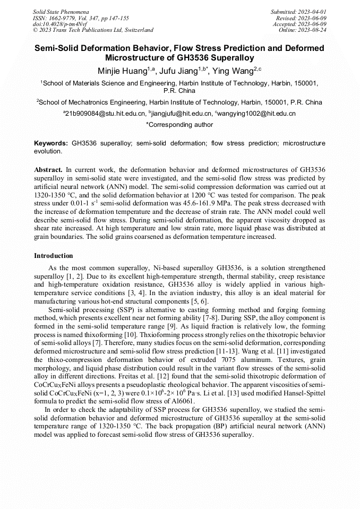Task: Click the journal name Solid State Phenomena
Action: [x=61, y=11]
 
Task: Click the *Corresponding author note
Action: [x=179, y=125]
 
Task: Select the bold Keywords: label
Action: [x=51, y=143]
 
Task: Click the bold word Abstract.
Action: [x=48, y=169]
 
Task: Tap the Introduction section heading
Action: [x=54, y=256]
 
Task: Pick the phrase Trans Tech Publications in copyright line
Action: [x=83, y=30]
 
